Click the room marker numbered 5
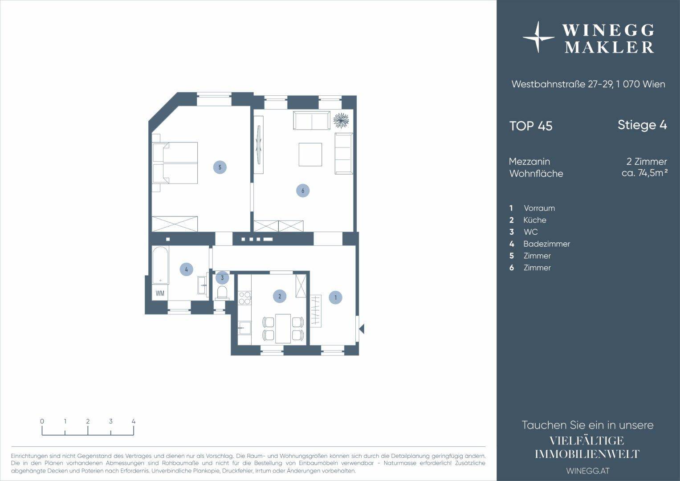click(x=220, y=167)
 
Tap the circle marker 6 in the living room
click(x=303, y=191)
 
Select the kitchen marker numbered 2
click(x=280, y=296)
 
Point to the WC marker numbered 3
click(x=222, y=277)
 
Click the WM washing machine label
click(x=160, y=293)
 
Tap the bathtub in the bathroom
click(x=160, y=265)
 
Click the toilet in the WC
click(x=222, y=293)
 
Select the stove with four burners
click(x=244, y=298)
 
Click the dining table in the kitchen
click(x=283, y=329)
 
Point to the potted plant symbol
click(x=341, y=120)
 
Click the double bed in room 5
click(x=175, y=163)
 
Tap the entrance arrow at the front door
click(x=362, y=329)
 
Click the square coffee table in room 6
click(x=310, y=155)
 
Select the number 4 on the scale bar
click(x=134, y=421)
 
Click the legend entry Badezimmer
click(x=546, y=244)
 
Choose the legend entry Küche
click(x=534, y=220)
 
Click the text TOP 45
click(x=531, y=126)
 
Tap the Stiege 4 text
click(x=642, y=125)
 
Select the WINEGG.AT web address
click(x=588, y=471)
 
